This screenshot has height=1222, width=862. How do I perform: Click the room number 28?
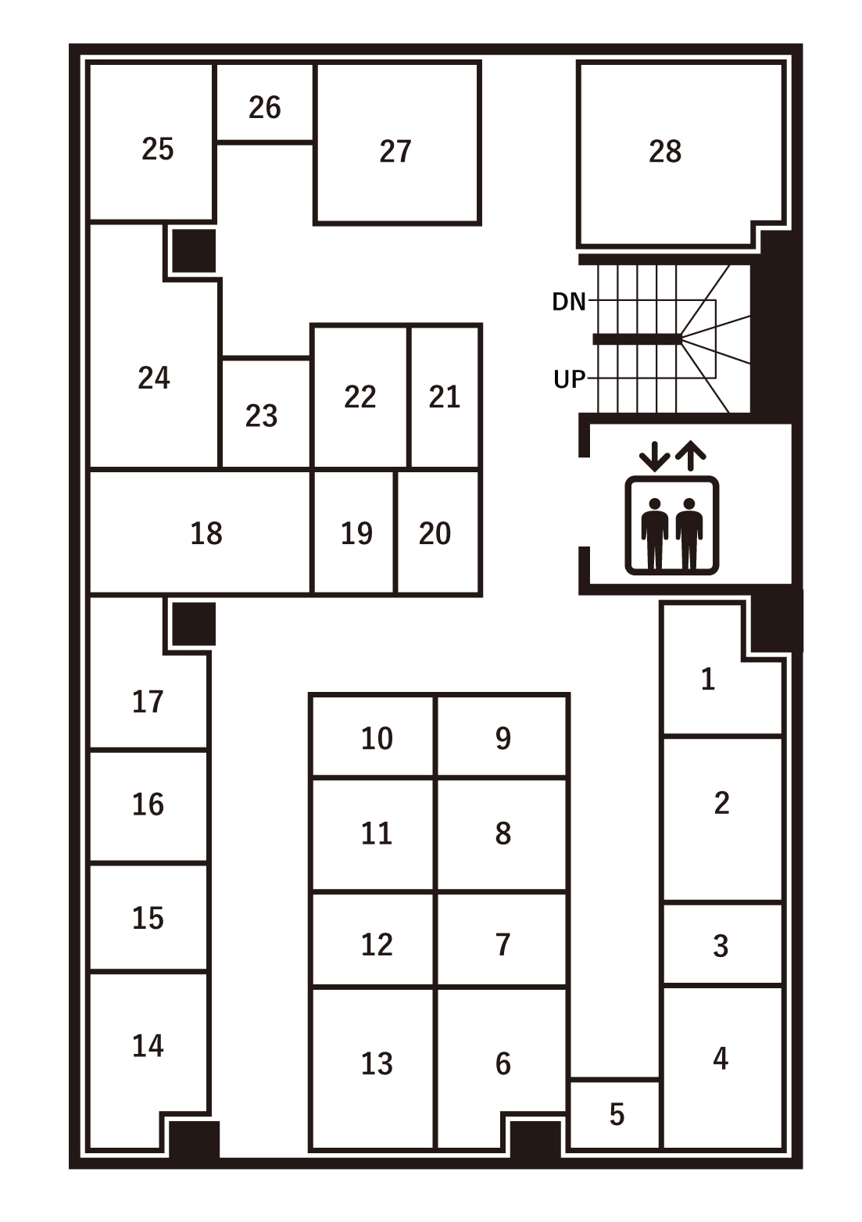point(664,151)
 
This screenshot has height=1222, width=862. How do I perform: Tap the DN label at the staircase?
point(569,302)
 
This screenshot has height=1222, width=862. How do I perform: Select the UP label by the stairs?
point(569,379)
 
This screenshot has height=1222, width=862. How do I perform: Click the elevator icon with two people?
point(672,525)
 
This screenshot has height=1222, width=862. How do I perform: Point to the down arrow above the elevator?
point(654,456)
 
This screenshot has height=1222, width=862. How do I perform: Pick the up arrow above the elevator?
point(691,456)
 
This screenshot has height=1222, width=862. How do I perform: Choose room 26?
point(265,107)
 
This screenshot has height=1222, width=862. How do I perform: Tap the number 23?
point(261,416)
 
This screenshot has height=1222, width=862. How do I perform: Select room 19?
point(356,533)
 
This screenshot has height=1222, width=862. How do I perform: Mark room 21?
point(445,396)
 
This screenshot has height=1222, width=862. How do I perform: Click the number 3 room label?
point(721,946)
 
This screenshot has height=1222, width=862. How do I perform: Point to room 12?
point(377,944)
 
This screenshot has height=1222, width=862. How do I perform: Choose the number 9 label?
point(503,738)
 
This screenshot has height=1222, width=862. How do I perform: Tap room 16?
point(148,805)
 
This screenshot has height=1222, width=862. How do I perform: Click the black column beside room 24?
point(194,250)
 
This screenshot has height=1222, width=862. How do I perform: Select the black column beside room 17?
point(194,624)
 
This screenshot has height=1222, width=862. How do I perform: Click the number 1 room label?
point(708,679)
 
